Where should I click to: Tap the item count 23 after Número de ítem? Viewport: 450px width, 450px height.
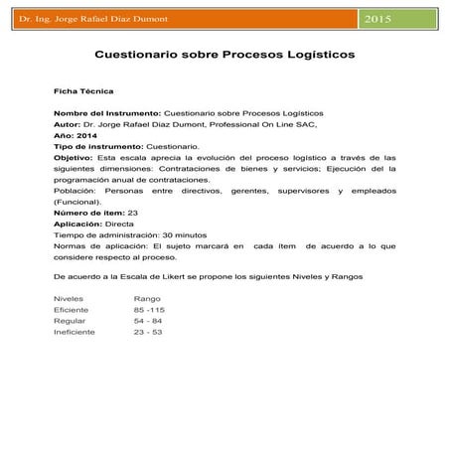point(134,212)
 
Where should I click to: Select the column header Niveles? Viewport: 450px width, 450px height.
point(69,298)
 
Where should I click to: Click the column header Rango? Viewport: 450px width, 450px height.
point(147,298)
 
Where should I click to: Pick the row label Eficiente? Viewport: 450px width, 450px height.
point(72,310)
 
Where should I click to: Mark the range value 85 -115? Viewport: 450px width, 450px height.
point(150,310)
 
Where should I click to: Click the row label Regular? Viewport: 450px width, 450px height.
point(70,321)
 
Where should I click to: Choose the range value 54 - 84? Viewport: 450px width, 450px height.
point(148,321)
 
